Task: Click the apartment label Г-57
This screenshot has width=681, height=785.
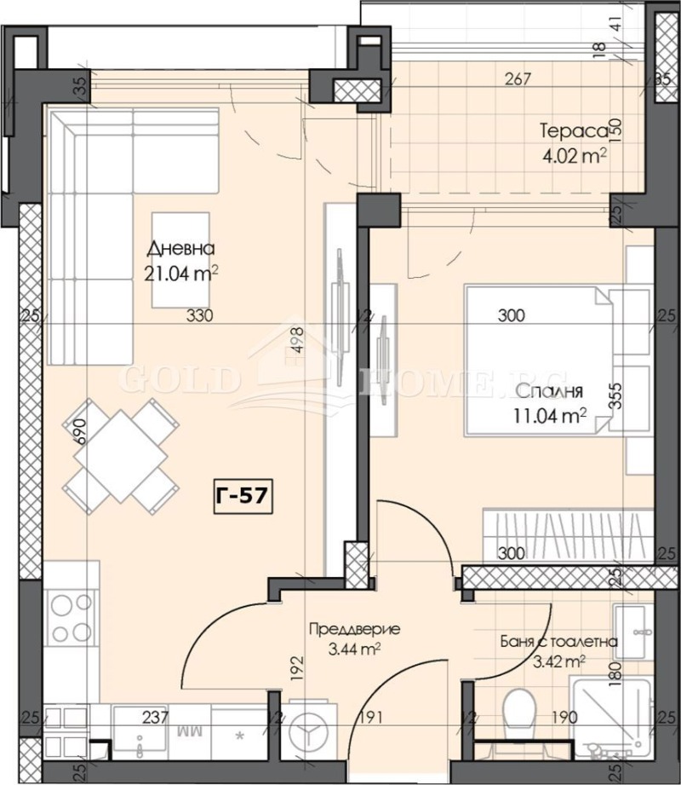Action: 243,495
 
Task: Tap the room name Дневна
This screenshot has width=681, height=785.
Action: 180,249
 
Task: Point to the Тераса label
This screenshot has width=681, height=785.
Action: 573,131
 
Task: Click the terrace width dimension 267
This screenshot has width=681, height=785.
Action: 517,81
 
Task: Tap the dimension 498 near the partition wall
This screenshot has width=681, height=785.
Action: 295,349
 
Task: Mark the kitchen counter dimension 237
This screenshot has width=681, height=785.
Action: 156,718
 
